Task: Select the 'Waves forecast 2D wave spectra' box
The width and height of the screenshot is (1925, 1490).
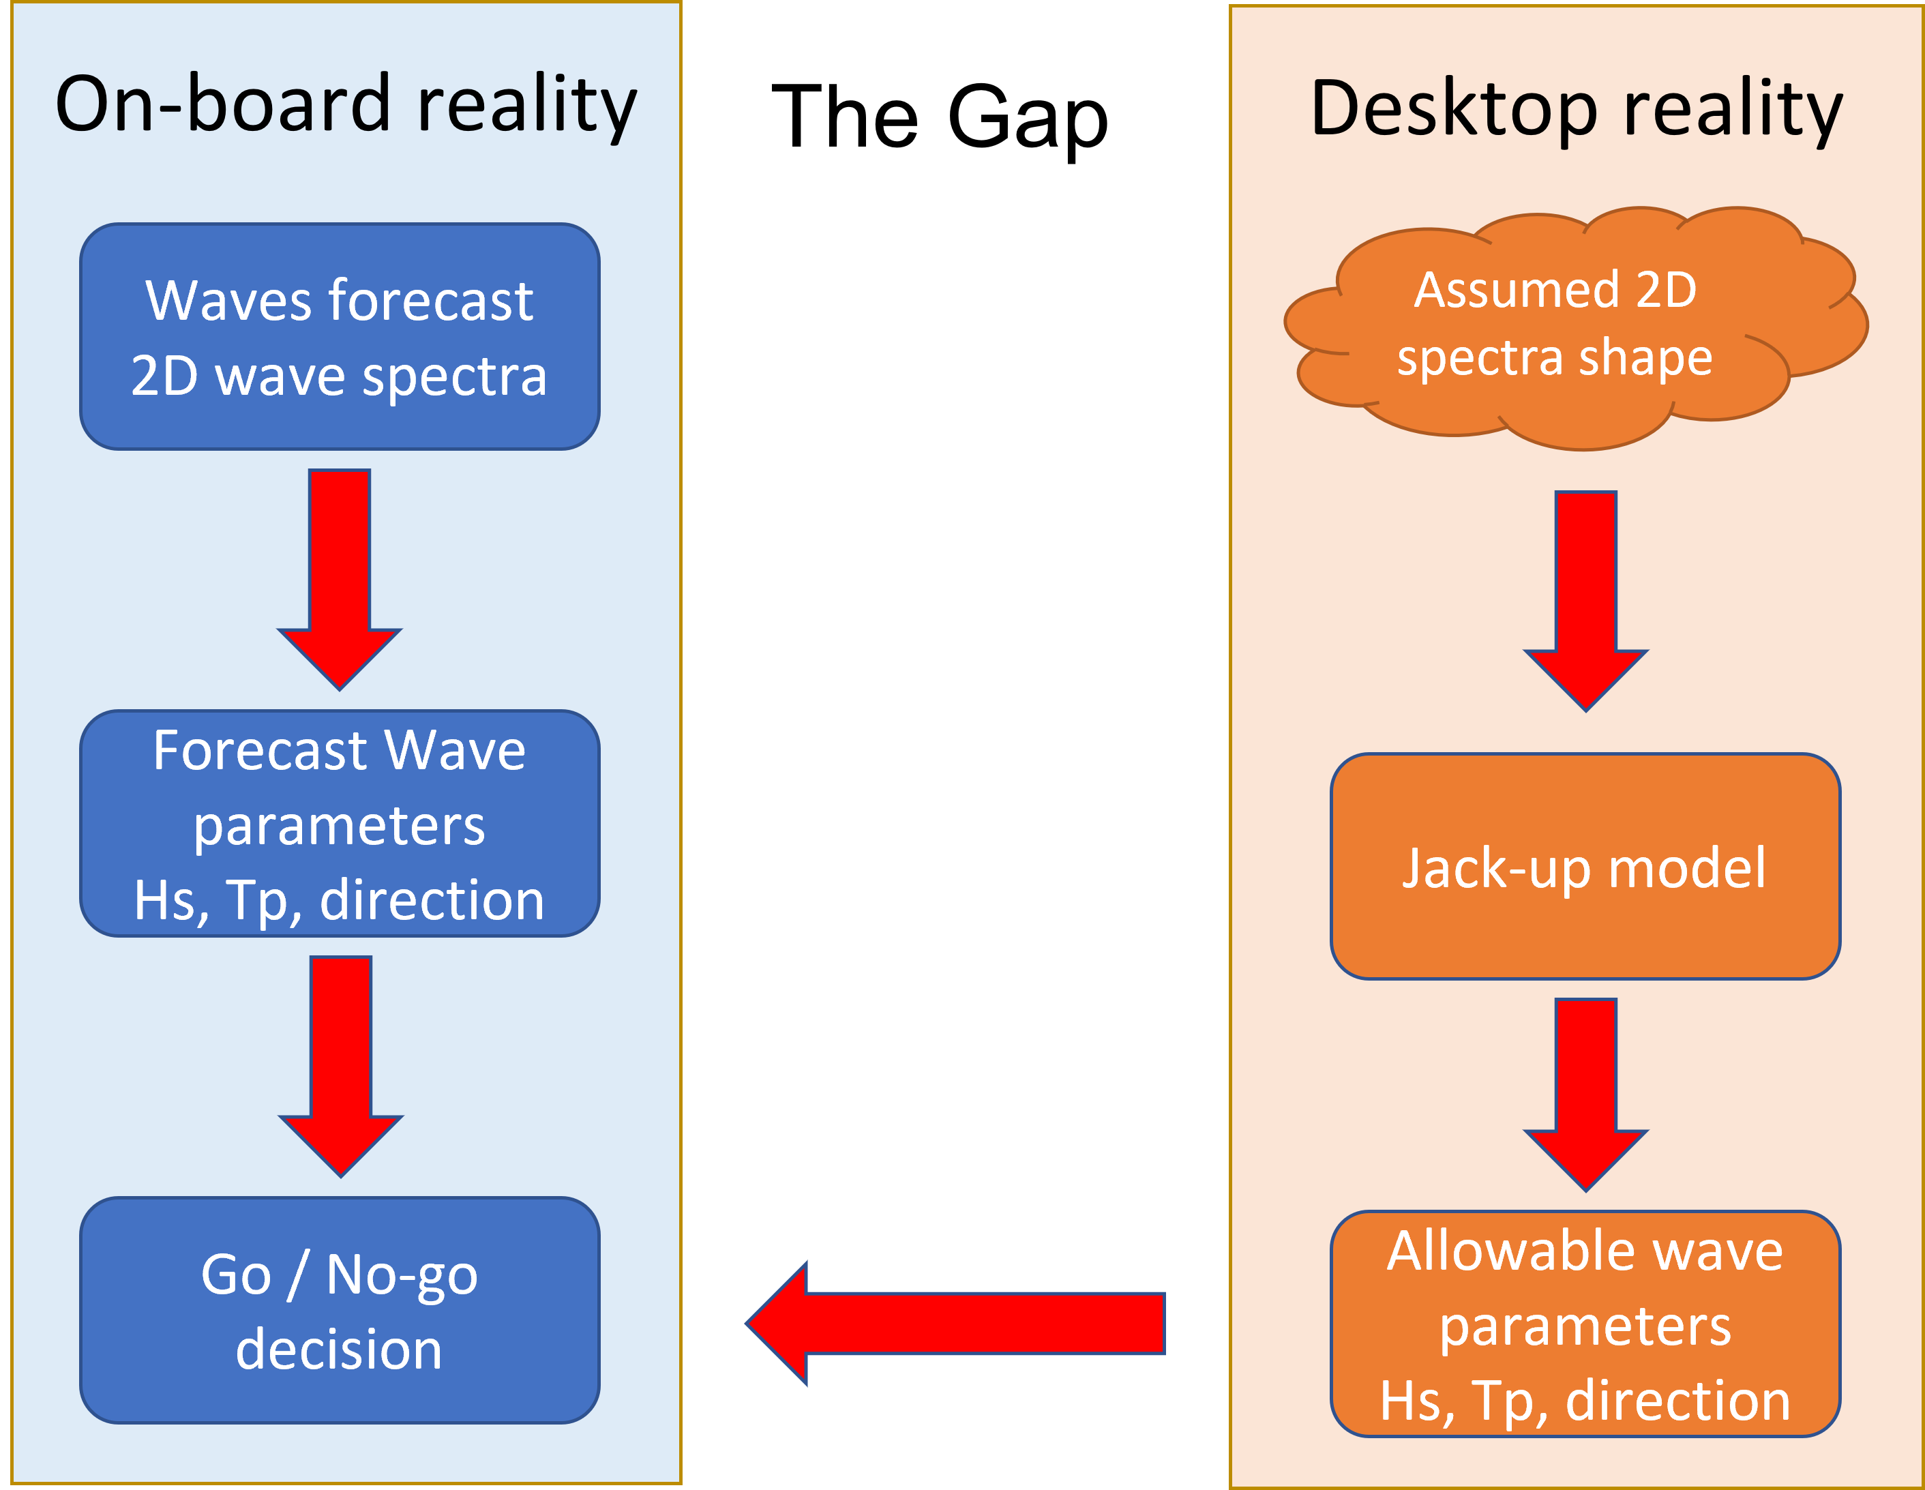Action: tap(340, 337)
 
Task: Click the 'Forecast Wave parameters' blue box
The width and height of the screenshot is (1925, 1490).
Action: tap(340, 824)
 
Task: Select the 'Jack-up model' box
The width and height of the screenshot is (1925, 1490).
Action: tap(1585, 867)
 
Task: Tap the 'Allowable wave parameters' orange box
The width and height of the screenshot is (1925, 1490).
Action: tap(1585, 1324)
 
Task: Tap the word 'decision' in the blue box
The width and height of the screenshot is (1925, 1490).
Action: tap(340, 1349)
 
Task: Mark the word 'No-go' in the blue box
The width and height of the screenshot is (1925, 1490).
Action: tap(402, 1275)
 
